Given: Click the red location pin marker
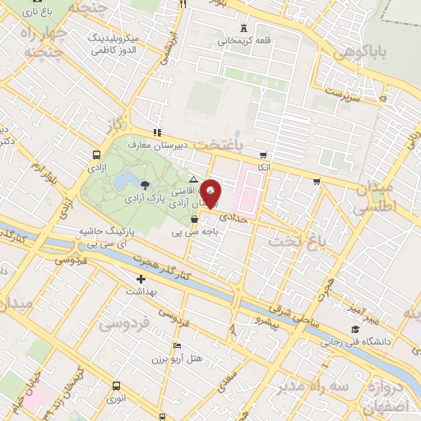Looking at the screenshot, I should (210, 193).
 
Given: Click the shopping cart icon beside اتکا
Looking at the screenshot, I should (263, 155).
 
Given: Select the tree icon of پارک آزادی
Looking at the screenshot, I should (146, 184).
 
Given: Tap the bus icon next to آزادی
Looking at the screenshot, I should (98, 154).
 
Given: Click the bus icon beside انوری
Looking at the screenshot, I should (116, 385).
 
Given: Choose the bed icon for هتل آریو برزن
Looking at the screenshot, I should (178, 345).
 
